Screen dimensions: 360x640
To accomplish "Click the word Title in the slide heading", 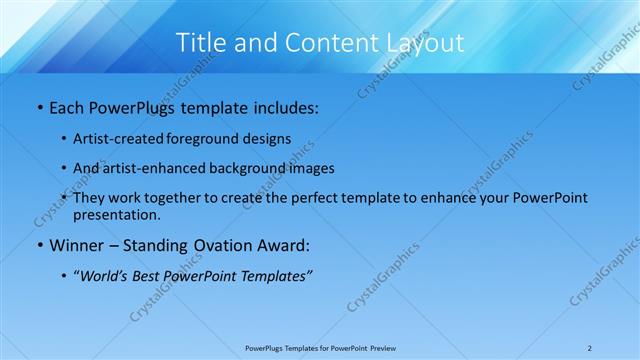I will pyautogui.click(x=200, y=42).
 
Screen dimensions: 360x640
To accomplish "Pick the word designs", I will pyautogui.click(x=264, y=138).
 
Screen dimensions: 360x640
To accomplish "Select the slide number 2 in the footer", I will pyautogui.click(x=589, y=348).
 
